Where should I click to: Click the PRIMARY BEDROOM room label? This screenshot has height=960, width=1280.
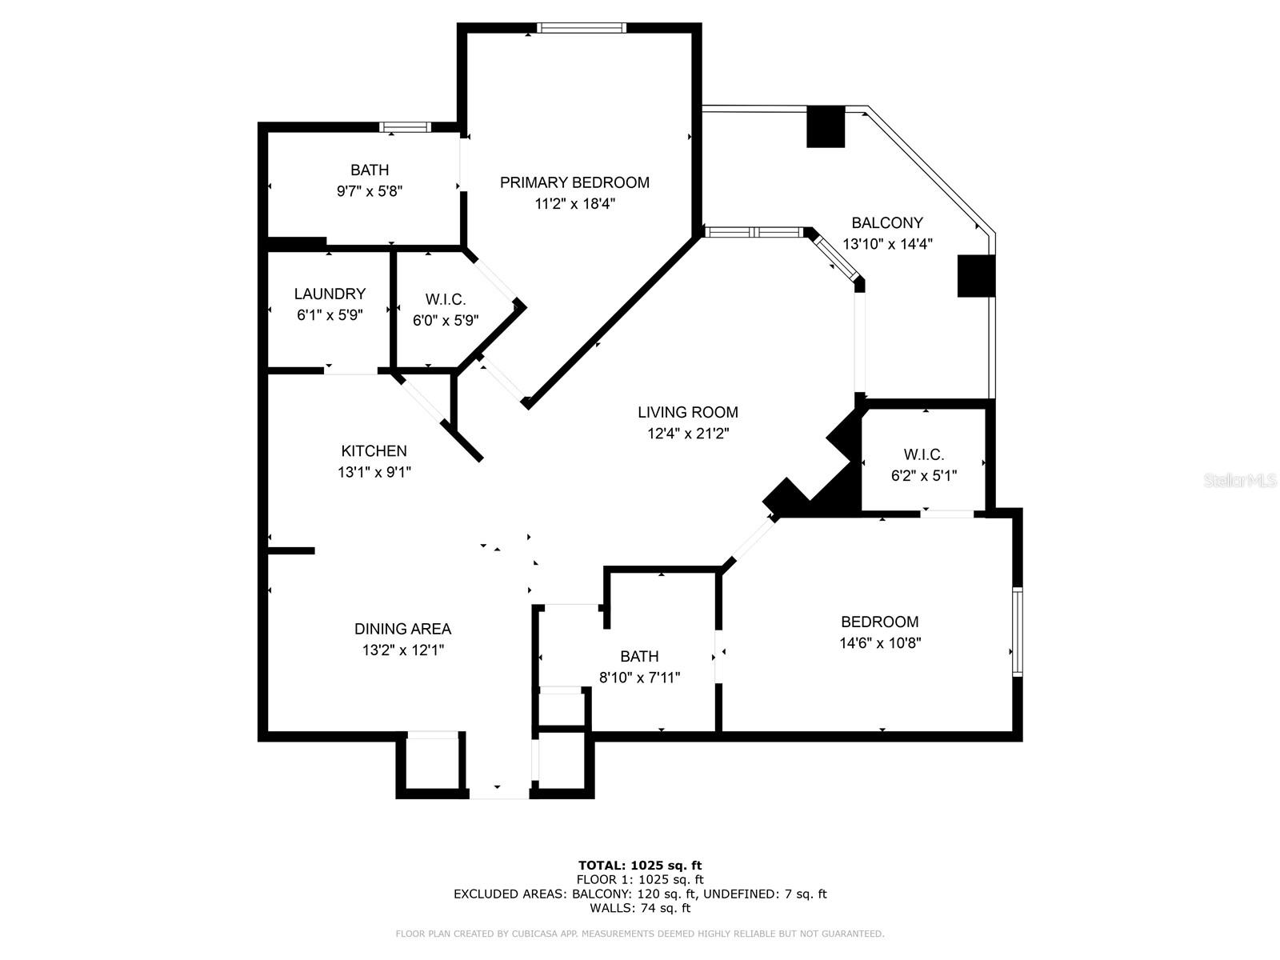(574, 182)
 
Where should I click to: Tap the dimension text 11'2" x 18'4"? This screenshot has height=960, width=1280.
(574, 204)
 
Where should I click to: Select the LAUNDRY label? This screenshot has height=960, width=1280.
(330, 294)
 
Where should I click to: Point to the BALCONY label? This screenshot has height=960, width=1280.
(886, 223)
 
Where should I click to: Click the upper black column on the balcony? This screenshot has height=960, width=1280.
(826, 126)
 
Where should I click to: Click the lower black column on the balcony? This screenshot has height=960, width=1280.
(976, 276)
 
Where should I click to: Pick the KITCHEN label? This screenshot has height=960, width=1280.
(374, 451)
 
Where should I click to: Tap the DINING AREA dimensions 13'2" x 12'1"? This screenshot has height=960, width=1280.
(402, 650)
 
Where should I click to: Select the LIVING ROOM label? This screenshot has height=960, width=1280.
(687, 412)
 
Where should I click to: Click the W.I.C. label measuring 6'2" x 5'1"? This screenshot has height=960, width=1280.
(923, 454)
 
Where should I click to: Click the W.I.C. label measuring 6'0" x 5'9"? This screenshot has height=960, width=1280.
(445, 299)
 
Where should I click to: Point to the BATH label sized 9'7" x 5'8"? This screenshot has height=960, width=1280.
(370, 170)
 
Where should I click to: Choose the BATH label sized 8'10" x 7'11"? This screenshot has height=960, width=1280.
(639, 656)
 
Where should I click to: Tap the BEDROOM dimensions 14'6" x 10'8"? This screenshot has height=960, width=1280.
(880, 642)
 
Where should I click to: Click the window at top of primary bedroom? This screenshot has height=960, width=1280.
(582, 28)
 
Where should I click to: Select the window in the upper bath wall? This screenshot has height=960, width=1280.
(405, 126)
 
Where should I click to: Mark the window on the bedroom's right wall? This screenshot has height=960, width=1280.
(1017, 632)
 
